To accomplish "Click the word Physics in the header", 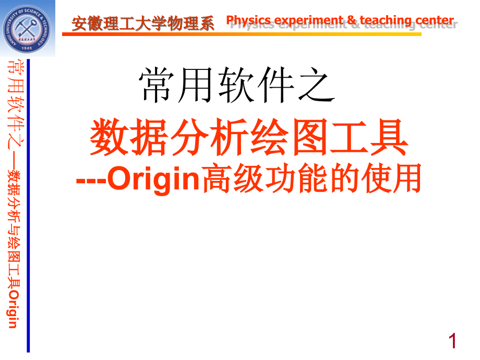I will (x=248, y=21).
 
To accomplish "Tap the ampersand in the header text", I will (x=352, y=21).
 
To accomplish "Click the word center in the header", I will (x=434, y=21).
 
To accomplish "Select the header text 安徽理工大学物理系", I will (x=143, y=23).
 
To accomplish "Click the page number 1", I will (x=452, y=341).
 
